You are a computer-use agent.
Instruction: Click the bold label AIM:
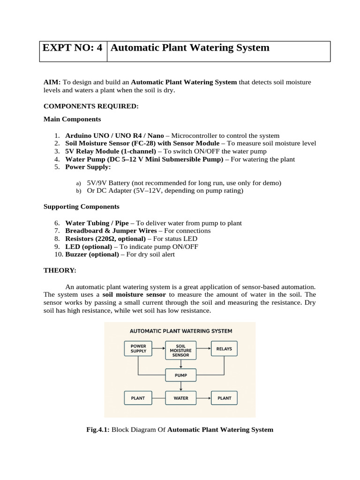(52, 82)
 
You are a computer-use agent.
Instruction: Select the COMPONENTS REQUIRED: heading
(91, 106)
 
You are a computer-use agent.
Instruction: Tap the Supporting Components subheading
(81, 206)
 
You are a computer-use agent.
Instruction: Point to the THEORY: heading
(60, 270)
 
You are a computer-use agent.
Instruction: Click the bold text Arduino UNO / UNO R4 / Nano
(114, 135)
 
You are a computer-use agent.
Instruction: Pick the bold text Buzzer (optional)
(91, 255)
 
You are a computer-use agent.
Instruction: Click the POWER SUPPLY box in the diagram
(138, 349)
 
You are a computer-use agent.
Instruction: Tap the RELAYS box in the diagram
(224, 349)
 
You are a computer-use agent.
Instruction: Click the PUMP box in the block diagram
(180, 375)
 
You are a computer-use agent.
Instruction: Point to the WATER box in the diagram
(180, 398)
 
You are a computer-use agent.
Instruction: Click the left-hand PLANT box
(138, 398)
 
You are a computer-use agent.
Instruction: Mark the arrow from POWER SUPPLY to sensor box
(159, 349)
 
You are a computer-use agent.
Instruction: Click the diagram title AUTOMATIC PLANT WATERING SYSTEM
(180, 331)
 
